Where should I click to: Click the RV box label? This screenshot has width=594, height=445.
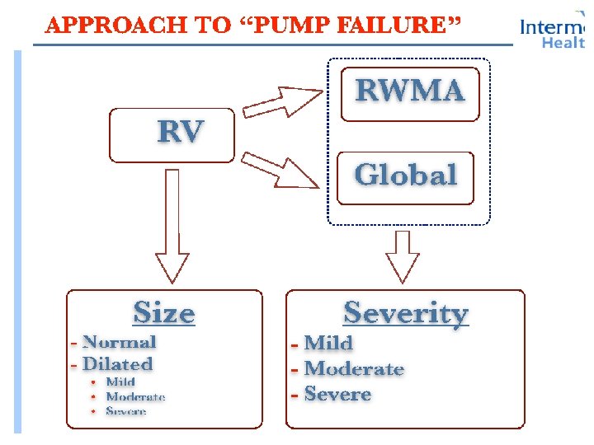(181, 131)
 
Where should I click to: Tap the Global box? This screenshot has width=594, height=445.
(405, 175)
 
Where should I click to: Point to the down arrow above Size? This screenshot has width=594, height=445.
(171, 227)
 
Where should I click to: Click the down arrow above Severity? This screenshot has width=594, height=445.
(403, 255)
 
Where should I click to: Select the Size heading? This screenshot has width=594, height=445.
(164, 313)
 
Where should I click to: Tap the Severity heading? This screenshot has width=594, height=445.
(405, 313)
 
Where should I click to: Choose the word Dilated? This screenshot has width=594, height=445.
(118, 363)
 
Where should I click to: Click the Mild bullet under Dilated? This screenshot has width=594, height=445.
(120, 382)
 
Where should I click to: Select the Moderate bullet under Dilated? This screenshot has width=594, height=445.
(135, 396)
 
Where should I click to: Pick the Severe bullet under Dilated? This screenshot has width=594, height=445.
(126, 410)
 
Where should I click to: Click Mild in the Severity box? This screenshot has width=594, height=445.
(328, 343)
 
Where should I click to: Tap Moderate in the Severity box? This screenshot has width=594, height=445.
(354, 368)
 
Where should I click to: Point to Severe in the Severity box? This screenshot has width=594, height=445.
(337, 394)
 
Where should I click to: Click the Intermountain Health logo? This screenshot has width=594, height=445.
(553, 33)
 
